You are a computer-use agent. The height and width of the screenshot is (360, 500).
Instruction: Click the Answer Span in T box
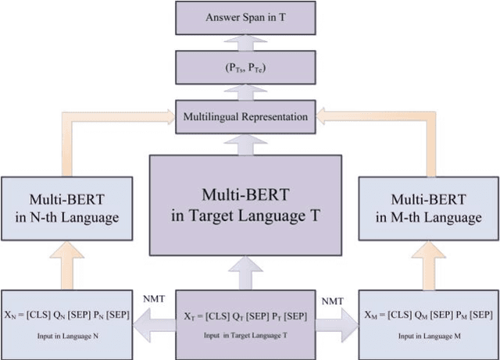coord(245,17)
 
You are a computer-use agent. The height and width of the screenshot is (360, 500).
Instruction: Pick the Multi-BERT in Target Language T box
coord(245,205)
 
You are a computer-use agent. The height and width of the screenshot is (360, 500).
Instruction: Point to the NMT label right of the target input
coord(334,299)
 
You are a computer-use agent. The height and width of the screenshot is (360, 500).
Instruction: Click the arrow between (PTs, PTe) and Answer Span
coord(245,43)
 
